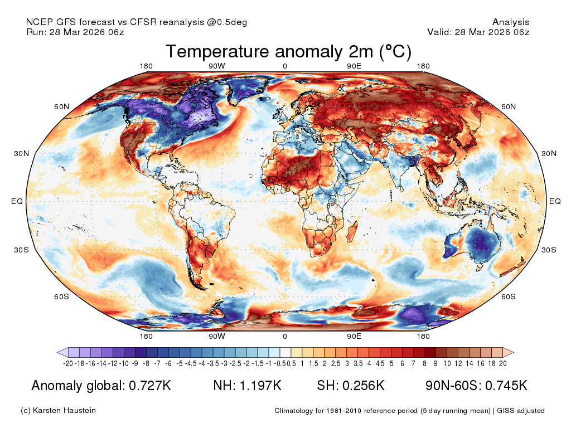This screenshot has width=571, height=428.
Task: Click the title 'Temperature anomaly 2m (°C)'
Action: pos(288,51)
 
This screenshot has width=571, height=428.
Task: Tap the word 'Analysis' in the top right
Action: pos(511,22)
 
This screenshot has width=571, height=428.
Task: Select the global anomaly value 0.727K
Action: pos(150,386)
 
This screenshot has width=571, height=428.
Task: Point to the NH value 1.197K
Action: pos(260,386)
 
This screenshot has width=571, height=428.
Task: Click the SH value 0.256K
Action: pos(364,386)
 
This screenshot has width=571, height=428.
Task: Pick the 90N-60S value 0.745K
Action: pos(506,386)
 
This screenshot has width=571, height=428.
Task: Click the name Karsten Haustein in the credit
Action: pos(64,411)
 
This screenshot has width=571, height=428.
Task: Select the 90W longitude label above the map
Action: pos(217,66)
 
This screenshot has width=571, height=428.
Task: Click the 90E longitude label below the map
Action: pos(354,336)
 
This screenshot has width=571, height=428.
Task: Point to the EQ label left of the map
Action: pos(17,201)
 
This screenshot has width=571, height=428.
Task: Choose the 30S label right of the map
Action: pos(549,250)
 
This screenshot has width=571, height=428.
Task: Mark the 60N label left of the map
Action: pos(61,106)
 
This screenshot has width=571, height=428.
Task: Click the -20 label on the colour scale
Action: pos(68,363)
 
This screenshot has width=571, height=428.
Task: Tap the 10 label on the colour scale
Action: pos(447,363)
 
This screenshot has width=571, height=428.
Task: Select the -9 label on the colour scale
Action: pos(135,363)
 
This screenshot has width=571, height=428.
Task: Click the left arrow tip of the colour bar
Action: pos(57,352)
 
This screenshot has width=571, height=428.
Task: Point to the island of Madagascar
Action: pos(352,232)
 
